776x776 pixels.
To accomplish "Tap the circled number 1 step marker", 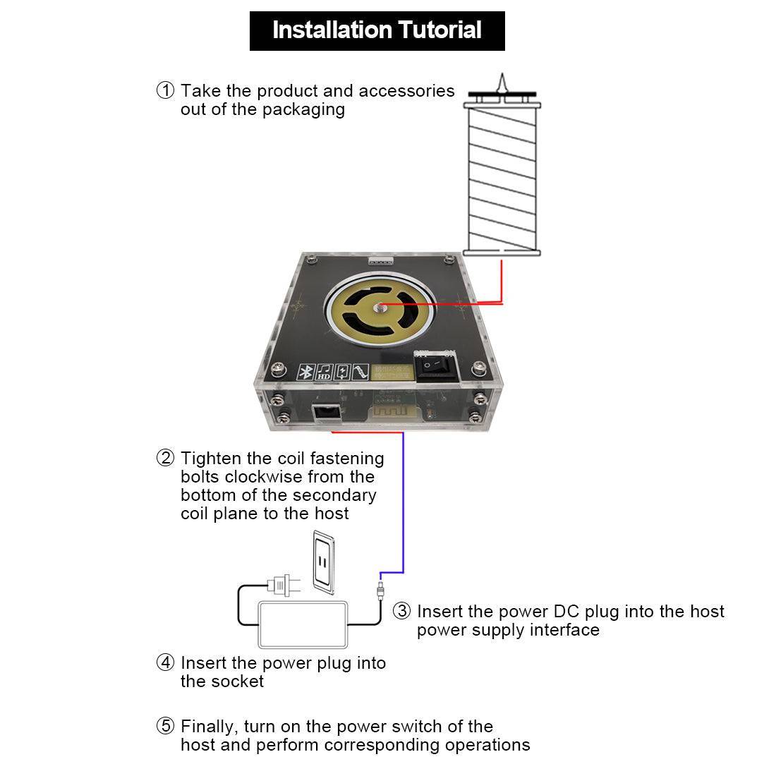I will tap(165, 91).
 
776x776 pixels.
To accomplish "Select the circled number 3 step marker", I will tap(401, 611).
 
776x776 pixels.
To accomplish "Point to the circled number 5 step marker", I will tap(165, 726).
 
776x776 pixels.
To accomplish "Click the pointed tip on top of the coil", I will tap(502, 82).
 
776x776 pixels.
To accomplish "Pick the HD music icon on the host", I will tap(325, 372).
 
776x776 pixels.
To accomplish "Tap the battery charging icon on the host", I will tap(342, 372).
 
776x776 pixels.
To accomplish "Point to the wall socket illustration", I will tap(324, 559).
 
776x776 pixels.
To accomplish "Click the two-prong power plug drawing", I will tap(281, 585).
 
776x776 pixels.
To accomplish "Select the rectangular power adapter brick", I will tap(305, 624).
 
